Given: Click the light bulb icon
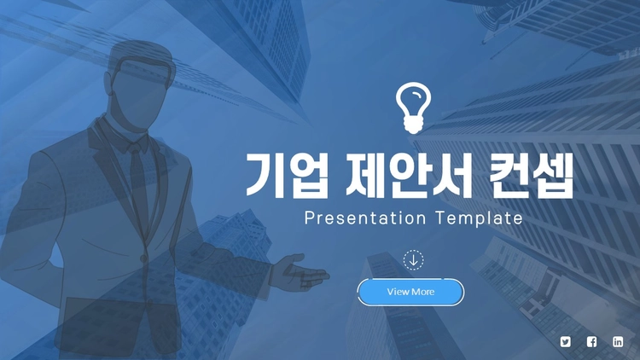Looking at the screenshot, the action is pos(413,107).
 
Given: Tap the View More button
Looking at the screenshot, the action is pos(410,292).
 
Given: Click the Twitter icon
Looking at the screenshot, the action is pos(565,341).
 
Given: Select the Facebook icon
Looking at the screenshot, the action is pos(591,341).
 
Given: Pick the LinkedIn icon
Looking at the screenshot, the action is pos(618,341).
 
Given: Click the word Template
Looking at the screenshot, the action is pos(479,218).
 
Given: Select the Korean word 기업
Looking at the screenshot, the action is pos(287,176).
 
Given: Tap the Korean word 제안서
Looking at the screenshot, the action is pos(408,176).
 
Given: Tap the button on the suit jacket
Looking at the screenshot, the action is pos(143,258).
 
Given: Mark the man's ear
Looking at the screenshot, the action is pos(108,84).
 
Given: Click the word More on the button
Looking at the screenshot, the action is pos(423,292).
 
